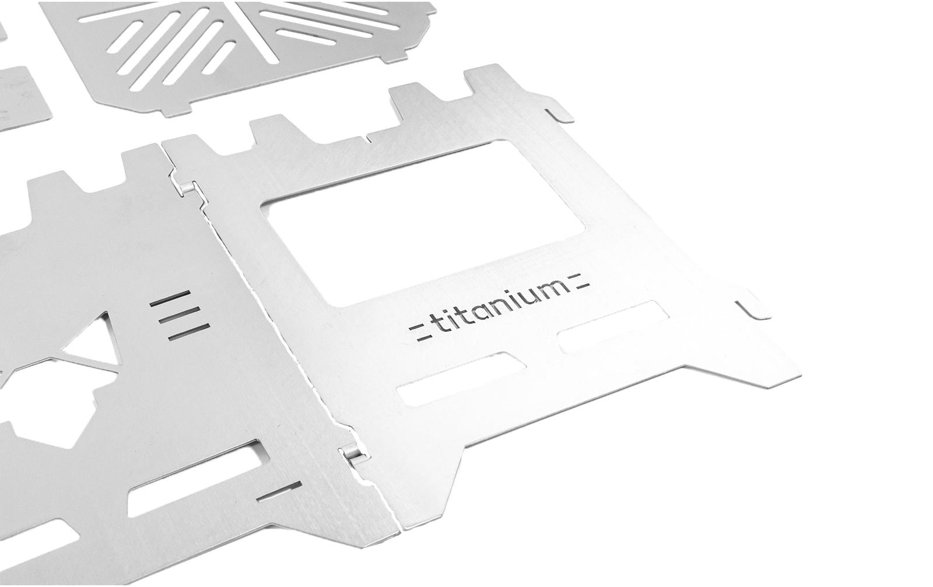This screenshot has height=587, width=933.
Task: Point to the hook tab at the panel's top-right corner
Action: pos(560,116)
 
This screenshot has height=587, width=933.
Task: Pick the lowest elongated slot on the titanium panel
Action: pos(461,379)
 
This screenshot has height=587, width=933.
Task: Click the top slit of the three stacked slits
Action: pos(170,299)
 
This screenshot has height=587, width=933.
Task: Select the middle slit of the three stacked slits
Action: pos(180,315)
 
